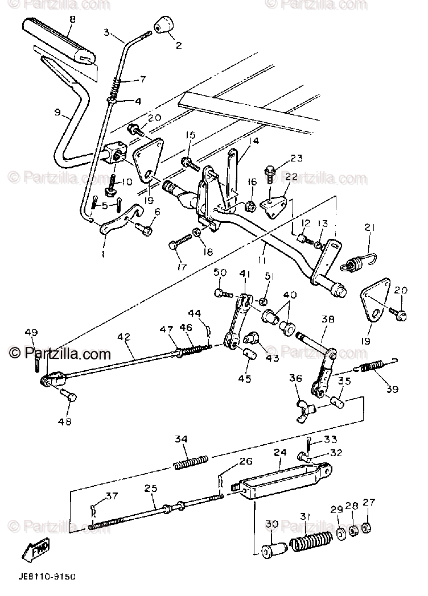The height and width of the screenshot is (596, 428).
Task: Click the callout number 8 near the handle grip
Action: pyautogui.click(x=72, y=19)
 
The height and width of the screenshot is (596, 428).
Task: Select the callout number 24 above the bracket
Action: pyautogui.click(x=280, y=453)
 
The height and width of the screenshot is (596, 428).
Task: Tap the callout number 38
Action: pyautogui.click(x=328, y=319)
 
